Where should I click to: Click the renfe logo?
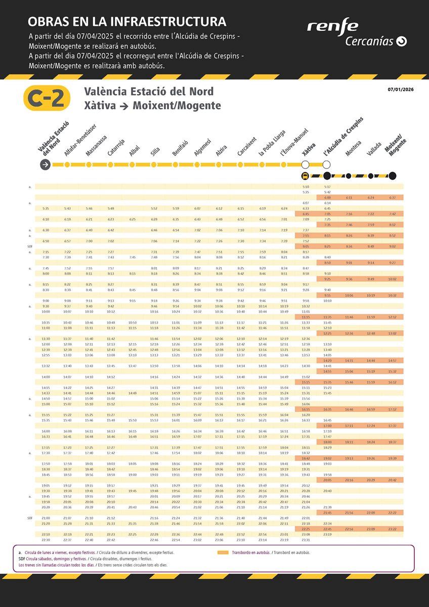click(332, 26)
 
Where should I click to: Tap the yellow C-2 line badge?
click(47, 98)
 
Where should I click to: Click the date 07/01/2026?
click(401, 90)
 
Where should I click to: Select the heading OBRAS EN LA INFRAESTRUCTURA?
click(127, 22)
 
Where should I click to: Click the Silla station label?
click(155, 152)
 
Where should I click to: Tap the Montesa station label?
click(353, 148)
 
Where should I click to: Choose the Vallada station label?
click(374, 149)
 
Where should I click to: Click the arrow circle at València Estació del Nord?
click(46, 164)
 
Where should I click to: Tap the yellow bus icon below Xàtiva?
click(305, 176)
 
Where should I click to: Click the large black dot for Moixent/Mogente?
click(392, 176)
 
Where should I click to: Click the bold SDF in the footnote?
click(22, 558)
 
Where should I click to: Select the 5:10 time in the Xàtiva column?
click(306, 187)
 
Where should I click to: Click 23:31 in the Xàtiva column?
click(306, 540)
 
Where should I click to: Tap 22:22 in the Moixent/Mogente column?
click(393, 512)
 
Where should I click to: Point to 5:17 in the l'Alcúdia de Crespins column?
click(327, 187)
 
